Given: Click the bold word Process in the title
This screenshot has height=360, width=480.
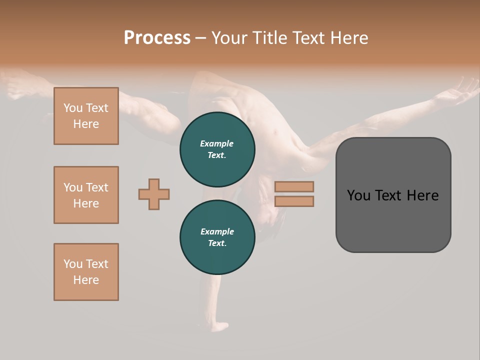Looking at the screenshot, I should [157, 37].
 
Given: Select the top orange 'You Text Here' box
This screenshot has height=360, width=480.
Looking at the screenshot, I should [86, 116].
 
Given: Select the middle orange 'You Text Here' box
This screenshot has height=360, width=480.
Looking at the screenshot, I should [86, 195].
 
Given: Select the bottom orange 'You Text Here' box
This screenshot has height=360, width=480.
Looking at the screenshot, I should [86, 272].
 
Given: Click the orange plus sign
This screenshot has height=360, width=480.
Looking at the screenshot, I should [154, 194].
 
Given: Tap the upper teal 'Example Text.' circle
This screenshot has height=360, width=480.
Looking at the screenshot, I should [217, 149].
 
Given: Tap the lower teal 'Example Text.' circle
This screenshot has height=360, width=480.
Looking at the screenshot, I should [217, 237].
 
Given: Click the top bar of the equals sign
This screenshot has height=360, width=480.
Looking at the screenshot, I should [294, 186].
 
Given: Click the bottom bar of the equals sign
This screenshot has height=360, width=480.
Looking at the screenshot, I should [294, 201].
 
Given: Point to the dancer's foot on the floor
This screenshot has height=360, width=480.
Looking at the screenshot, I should [218, 326].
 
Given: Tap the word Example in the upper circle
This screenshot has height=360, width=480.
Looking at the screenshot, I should [217, 143].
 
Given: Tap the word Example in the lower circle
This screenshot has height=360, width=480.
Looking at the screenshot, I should [217, 231].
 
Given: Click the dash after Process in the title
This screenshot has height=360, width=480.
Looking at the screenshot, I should [200, 38].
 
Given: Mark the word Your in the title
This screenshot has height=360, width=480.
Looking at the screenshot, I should [229, 37].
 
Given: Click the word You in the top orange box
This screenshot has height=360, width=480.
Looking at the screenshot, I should [73, 108].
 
